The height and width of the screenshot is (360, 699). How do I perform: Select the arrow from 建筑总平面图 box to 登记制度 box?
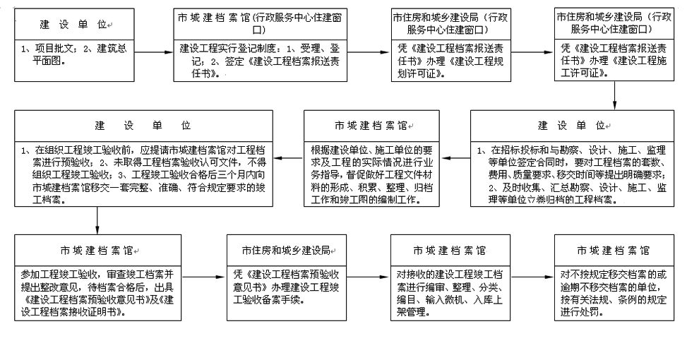point(153,52)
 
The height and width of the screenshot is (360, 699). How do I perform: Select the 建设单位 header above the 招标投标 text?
point(573,126)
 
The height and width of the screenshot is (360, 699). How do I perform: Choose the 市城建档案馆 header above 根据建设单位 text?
point(371,126)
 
